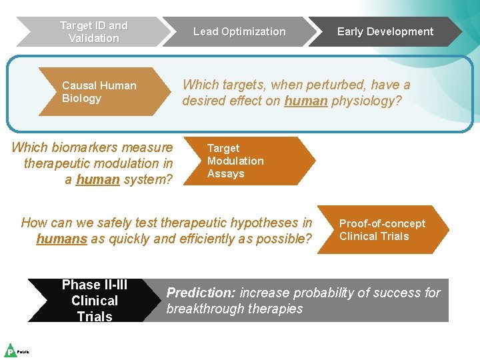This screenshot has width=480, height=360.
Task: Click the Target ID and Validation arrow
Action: (x=93, y=32)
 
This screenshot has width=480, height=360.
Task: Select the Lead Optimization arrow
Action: (x=239, y=32)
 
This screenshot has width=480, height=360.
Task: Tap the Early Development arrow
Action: (x=385, y=32)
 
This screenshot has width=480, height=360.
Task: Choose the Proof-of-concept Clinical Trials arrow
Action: (x=382, y=230)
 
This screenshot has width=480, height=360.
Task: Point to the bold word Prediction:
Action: (x=201, y=293)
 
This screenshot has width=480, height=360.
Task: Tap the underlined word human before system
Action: (x=98, y=179)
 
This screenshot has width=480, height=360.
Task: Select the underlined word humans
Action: (x=62, y=239)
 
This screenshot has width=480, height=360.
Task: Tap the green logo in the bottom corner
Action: (x=11, y=350)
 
